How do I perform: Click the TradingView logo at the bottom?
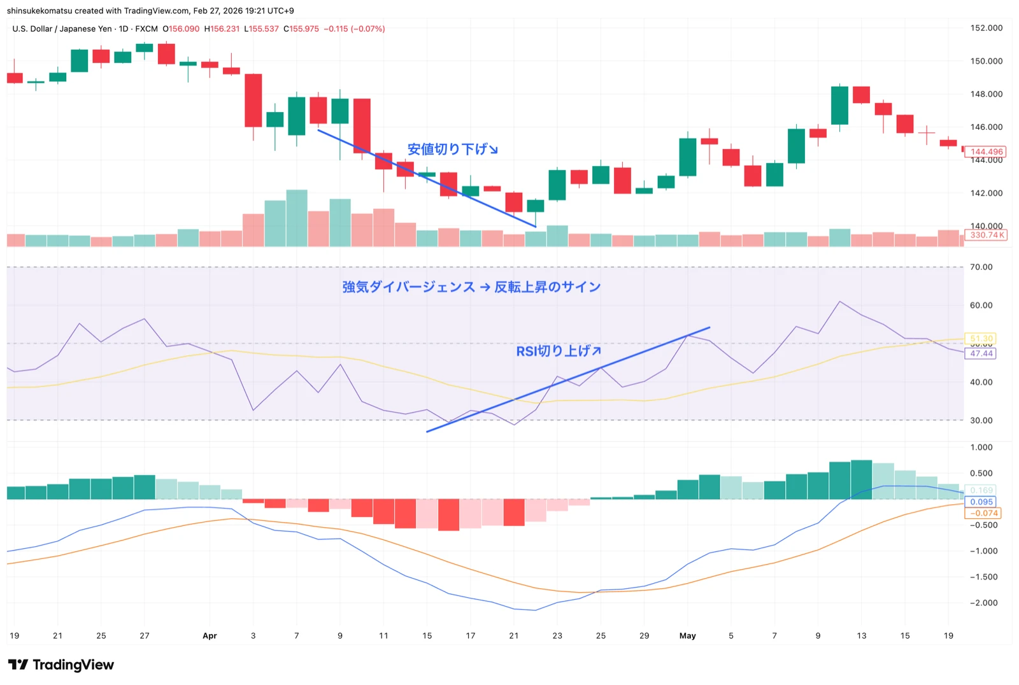[x=61, y=665]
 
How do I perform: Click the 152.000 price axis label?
[x=986, y=28]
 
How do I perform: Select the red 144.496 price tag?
[x=986, y=152]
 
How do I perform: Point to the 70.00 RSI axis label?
[x=981, y=267]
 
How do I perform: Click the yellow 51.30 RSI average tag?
[x=981, y=339]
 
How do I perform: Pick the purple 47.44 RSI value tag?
[x=981, y=353]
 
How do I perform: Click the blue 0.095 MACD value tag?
[x=981, y=502]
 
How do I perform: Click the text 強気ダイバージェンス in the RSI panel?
[x=408, y=287]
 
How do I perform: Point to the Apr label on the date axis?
[x=210, y=635]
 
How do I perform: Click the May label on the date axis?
[x=687, y=635]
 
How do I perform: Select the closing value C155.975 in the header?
[x=301, y=29]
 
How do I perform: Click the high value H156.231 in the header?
[x=222, y=29]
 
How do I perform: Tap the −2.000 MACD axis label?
[x=983, y=603]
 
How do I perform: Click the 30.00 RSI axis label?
[x=981, y=420]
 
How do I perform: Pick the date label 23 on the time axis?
[x=557, y=635]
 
